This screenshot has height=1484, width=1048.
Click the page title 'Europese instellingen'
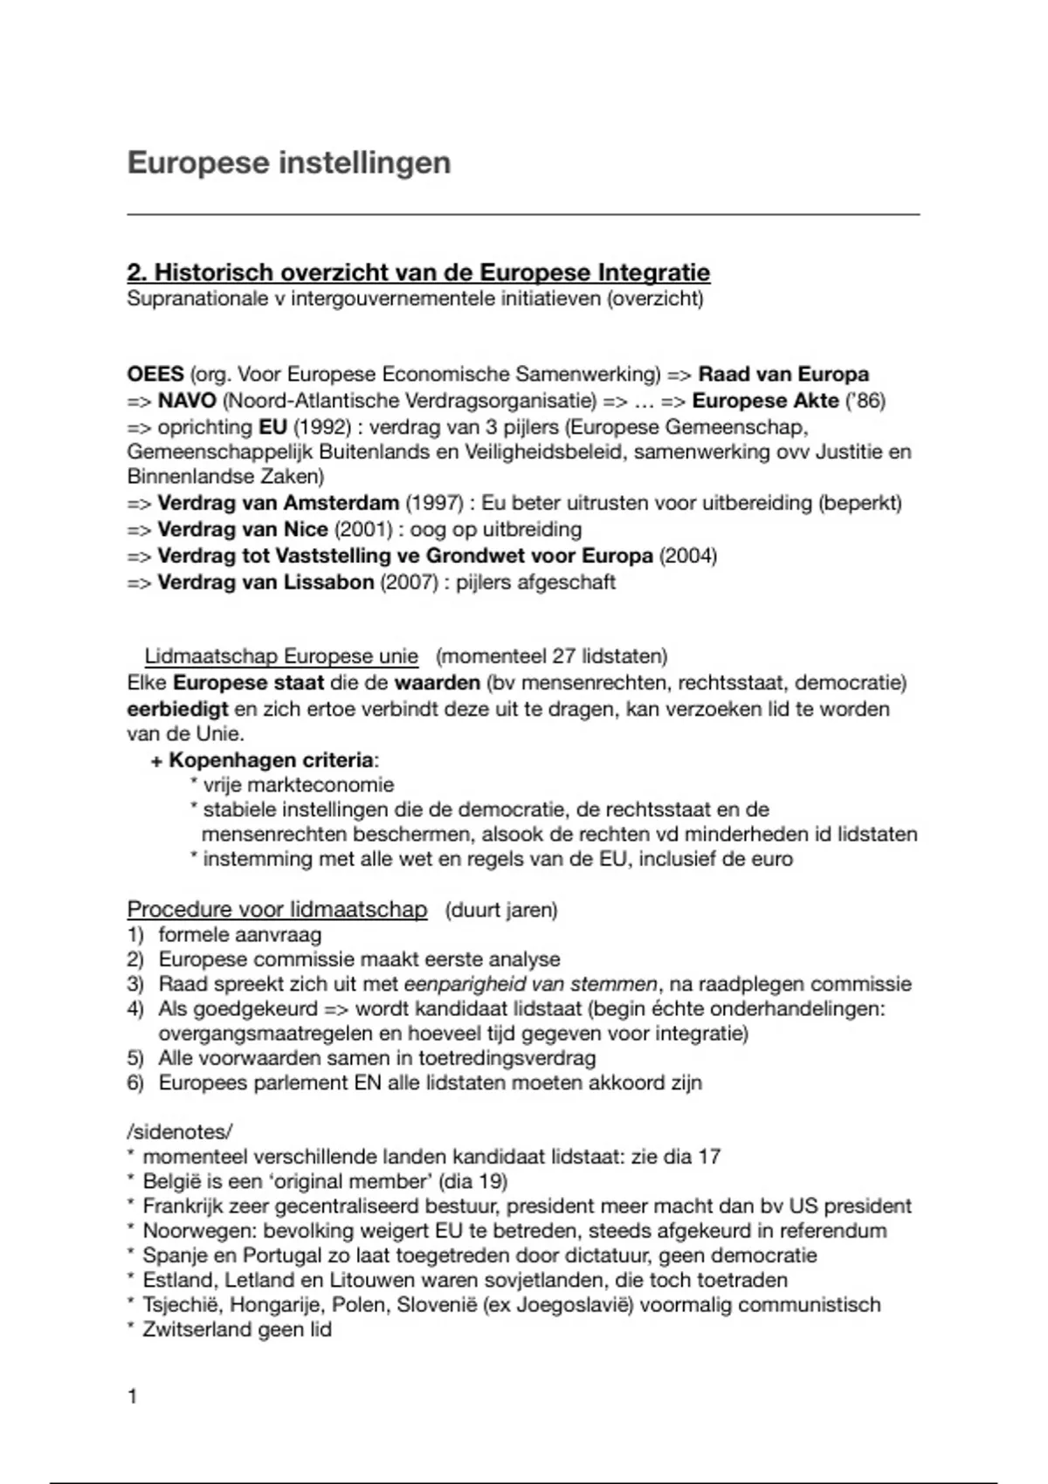pyautogui.click(x=289, y=163)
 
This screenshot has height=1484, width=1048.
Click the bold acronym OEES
pyautogui.click(x=155, y=374)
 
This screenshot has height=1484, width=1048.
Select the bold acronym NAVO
pyautogui.click(x=187, y=401)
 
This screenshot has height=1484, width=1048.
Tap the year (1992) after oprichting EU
pyautogui.click(x=322, y=427)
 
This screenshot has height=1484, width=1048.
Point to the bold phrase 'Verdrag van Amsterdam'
pyautogui.click(x=278, y=503)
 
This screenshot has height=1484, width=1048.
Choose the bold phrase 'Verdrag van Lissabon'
pyautogui.click(x=265, y=581)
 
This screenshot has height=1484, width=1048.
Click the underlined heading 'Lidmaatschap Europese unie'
pyautogui.click(x=281, y=656)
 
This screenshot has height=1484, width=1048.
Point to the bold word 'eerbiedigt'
pyautogui.click(x=177, y=708)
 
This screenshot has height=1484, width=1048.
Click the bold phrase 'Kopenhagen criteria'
pyautogui.click(x=271, y=759)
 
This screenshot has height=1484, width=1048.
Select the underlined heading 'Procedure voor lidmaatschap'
pyautogui.click(x=277, y=910)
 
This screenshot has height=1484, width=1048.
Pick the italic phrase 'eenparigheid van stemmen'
pyautogui.click(x=530, y=984)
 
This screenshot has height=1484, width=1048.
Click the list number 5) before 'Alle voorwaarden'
pyautogui.click(x=135, y=1058)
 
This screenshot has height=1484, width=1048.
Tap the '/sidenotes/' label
pyautogui.click(x=180, y=1131)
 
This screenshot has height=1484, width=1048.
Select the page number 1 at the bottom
pyautogui.click(x=133, y=1397)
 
